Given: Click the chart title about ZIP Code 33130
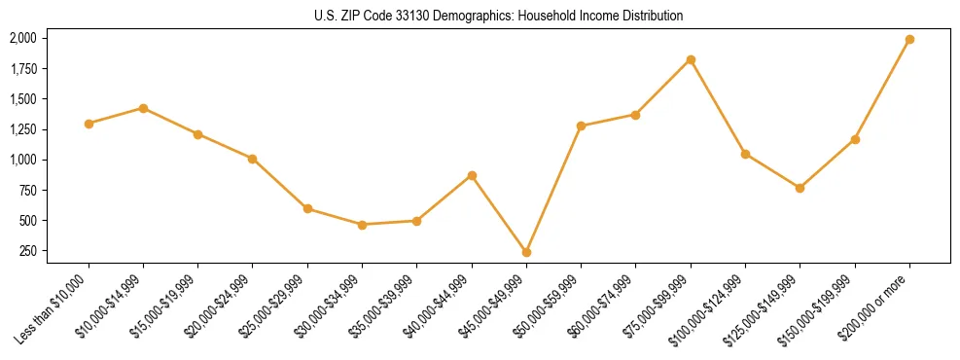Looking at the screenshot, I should [x=498, y=16].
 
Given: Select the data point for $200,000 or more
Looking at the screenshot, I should [x=909, y=40].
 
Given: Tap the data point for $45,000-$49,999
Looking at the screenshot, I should [x=526, y=252].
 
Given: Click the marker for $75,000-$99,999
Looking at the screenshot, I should [x=691, y=59].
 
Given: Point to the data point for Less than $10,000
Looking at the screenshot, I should [x=89, y=124].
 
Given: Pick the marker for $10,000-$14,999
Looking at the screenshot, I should [x=143, y=108].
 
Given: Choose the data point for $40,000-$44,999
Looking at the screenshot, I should [x=472, y=175].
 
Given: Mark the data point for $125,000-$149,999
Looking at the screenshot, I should [x=800, y=188].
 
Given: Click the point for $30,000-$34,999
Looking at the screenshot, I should [x=362, y=225].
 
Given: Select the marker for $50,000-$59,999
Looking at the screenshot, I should [x=581, y=126].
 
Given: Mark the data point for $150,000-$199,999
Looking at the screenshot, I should [x=855, y=139].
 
